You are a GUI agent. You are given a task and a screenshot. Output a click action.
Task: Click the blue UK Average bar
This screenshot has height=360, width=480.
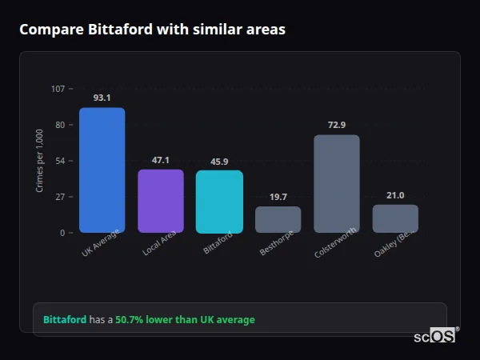tap(102, 170)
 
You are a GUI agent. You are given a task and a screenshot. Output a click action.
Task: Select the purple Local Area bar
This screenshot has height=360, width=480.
tap(161, 201)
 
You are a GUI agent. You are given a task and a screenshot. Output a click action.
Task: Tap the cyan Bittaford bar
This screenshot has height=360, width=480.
tap(219, 202)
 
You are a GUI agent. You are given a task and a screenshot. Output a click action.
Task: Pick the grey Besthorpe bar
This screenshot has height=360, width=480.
tap(278, 220)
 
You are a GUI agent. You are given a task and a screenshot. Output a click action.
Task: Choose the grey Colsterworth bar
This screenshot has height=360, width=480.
tap(337, 184)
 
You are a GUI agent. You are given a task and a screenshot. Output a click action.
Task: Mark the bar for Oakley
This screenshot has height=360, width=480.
tap(395, 218)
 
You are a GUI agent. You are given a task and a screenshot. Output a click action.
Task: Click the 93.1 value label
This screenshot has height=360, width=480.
tap(102, 98)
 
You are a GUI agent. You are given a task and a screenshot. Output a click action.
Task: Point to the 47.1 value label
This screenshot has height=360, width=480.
tap(161, 160)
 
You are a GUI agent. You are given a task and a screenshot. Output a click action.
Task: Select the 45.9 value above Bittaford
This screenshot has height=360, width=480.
tap(219, 162)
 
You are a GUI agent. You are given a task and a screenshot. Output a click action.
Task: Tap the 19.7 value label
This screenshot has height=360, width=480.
tap(278, 197)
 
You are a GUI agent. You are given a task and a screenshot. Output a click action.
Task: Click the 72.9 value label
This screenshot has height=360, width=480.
tap(337, 125)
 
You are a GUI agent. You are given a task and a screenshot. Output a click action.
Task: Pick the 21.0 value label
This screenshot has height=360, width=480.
tap(395, 195)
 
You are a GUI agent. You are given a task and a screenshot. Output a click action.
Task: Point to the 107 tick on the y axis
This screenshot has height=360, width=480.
tap(58, 89)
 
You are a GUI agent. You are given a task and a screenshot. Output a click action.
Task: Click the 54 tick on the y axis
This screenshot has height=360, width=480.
tap(60, 161)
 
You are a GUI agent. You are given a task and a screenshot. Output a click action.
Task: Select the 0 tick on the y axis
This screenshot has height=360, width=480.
tap(62, 233)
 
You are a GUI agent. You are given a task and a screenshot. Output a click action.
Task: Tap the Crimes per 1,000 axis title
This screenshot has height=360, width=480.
tap(40, 161)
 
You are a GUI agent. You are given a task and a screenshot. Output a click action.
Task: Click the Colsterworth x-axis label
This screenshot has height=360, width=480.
tap(330, 244)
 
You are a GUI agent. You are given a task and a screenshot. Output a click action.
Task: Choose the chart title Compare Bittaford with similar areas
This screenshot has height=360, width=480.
tap(152, 30)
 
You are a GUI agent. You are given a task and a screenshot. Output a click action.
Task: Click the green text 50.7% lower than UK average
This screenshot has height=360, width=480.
tap(185, 320)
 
